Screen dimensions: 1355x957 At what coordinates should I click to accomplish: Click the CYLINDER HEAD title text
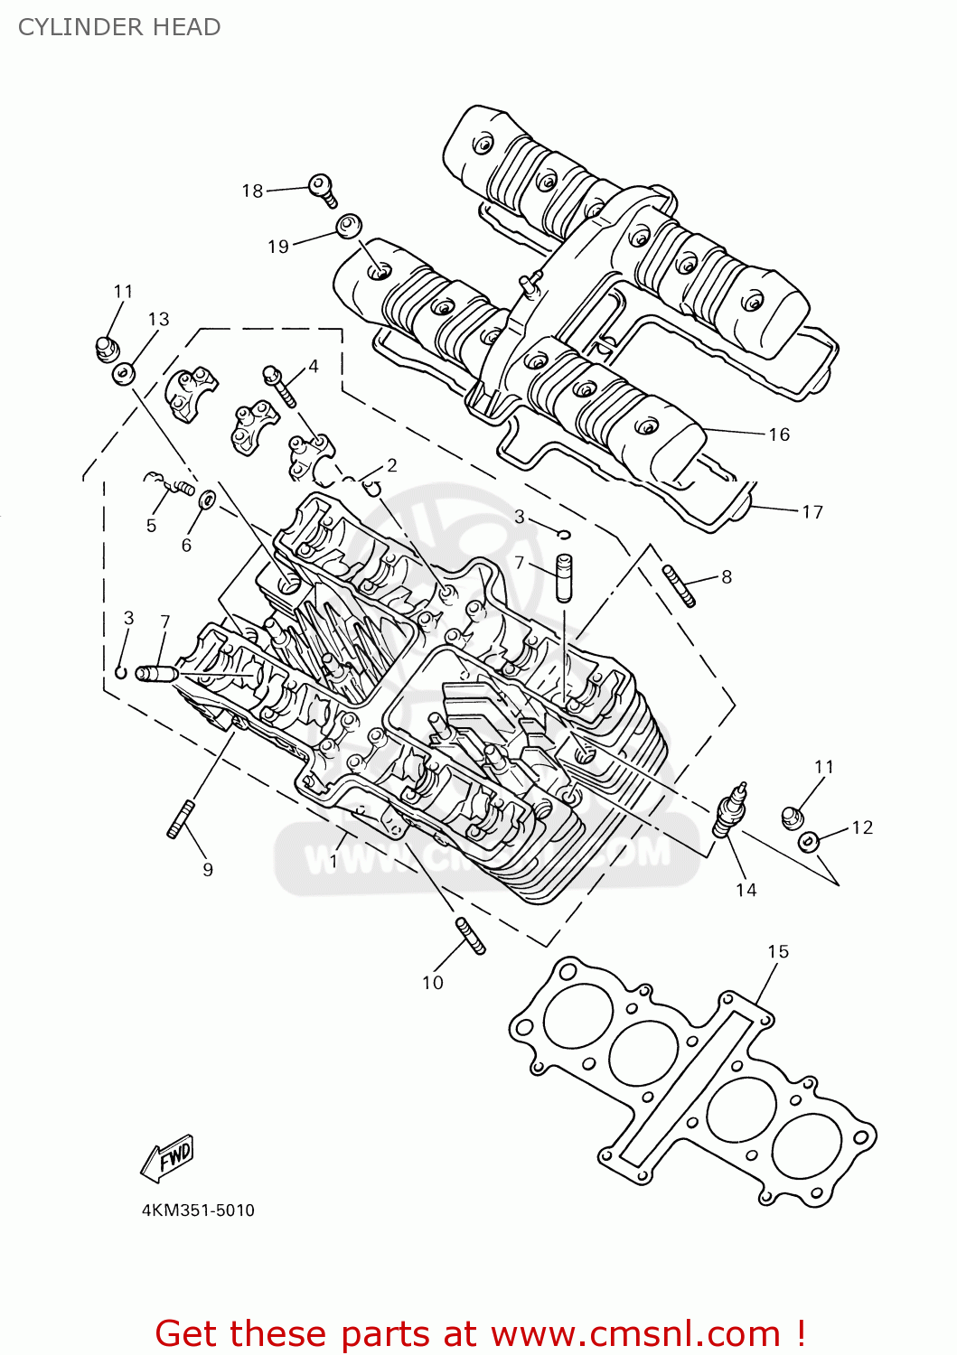(119, 27)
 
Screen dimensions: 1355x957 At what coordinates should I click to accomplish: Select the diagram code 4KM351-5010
(198, 1210)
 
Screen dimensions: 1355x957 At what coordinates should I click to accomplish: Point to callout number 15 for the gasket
(778, 951)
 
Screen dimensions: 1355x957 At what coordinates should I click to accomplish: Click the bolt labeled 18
(323, 190)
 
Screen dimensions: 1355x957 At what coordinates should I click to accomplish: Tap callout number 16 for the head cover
(779, 435)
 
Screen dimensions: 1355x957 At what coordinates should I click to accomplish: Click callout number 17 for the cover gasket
(812, 512)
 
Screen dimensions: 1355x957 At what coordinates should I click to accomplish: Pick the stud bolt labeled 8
(679, 585)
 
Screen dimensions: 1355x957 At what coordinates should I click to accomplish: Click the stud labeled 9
(182, 819)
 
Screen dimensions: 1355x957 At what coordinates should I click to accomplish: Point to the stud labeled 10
(471, 935)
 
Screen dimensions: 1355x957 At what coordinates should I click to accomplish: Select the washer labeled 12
(808, 842)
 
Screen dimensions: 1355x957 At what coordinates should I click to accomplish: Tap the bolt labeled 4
(279, 385)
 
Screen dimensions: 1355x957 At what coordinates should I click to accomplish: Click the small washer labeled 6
(207, 499)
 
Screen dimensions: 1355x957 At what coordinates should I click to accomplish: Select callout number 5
(151, 526)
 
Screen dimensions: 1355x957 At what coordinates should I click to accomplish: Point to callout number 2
(391, 465)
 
